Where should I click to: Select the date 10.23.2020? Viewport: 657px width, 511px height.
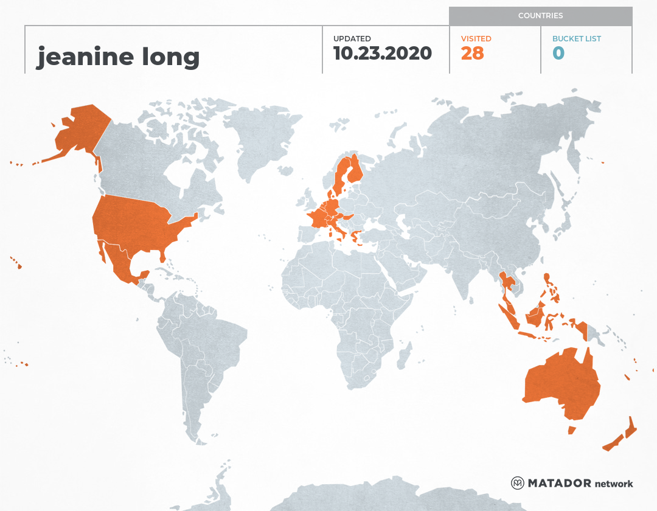[x=383, y=54]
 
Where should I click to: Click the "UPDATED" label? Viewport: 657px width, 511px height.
[x=352, y=39]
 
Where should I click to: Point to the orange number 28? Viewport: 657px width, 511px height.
[x=472, y=54]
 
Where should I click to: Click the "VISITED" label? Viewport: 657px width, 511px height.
[x=476, y=39]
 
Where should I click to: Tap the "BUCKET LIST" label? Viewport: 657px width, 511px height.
[x=576, y=39]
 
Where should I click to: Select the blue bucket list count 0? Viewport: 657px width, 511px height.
[x=558, y=54]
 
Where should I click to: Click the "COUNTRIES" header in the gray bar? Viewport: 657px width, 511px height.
[x=540, y=16]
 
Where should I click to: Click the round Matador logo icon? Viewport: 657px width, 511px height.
[x=518, y=484]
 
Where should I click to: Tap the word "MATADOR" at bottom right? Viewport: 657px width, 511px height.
[x=558, y=484]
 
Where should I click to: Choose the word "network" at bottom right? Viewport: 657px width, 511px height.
[x=613, y=484]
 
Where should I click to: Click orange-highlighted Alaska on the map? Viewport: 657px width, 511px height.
[x=79, y=131]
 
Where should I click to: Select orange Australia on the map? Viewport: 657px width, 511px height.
[x=560, y=383]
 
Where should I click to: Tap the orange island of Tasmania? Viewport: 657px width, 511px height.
[x=572, y=430]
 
